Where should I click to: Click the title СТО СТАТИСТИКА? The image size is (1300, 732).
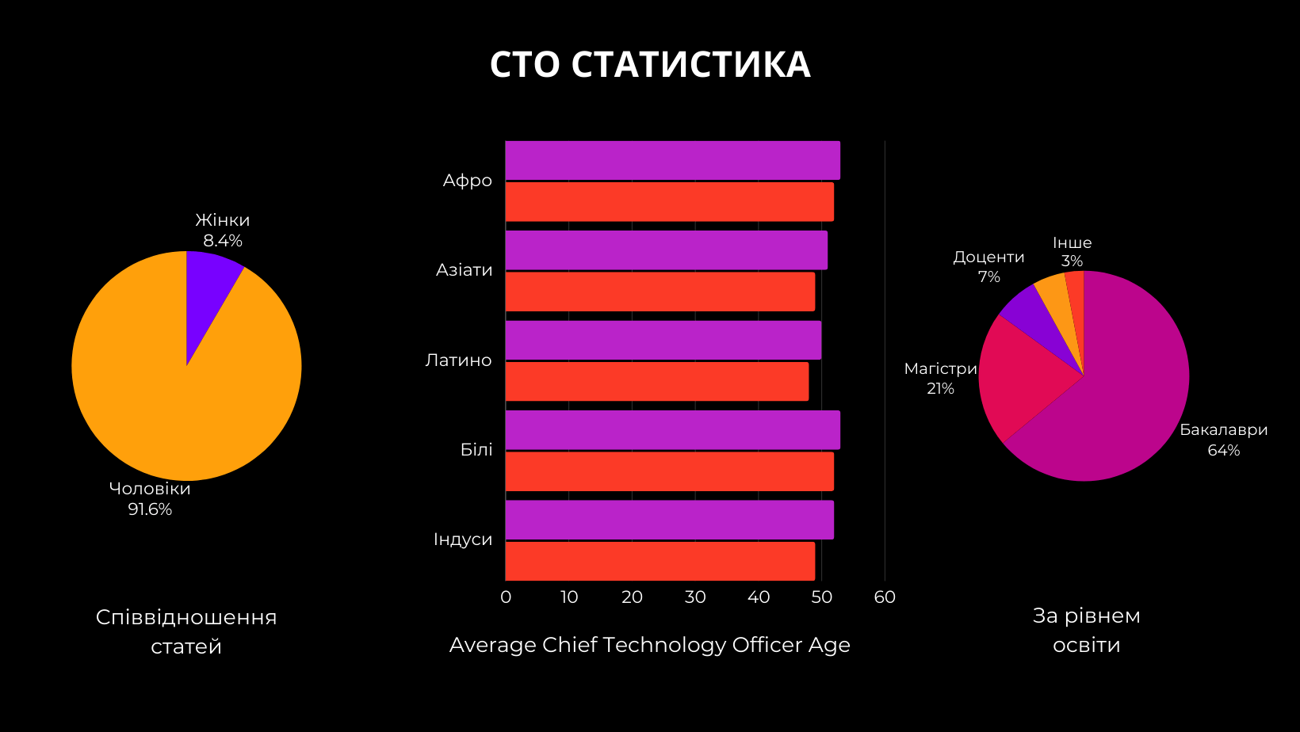click(650, 65)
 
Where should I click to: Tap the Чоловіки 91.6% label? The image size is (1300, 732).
click(150, 499)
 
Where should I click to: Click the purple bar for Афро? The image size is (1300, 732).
click(672, 161)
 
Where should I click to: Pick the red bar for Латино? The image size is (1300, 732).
click(656, 382)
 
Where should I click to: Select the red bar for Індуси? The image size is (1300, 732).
click(660, 561)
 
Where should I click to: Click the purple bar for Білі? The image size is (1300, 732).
click(672, 430)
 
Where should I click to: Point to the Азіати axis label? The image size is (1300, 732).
click(465, 270)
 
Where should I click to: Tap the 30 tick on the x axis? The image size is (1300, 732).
click(695, 597)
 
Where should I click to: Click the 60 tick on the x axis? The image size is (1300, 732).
click(885, 597)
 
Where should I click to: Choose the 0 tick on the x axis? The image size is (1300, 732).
click(506, 597)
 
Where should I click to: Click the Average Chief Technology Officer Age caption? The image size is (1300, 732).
click(650, 645)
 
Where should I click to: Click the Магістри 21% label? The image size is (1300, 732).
click(941, 379)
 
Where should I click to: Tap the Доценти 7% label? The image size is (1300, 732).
click(988, 267)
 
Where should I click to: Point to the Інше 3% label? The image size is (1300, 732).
click(1072, 252)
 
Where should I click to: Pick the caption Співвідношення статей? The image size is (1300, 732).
click(186, 632)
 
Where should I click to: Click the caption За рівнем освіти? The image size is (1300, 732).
click(1086, 631)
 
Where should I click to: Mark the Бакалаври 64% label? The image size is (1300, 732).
click(1224, 440)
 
